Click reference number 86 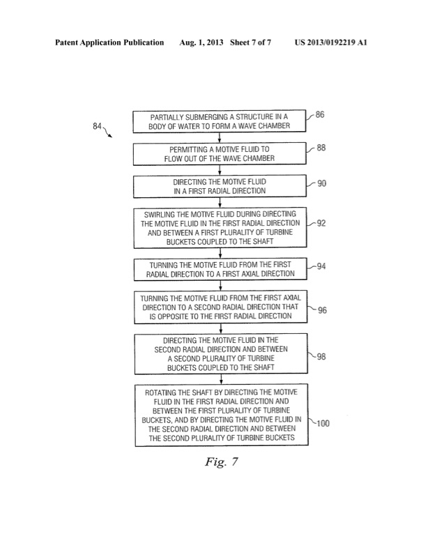tap(319, 116)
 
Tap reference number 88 tap(319, 148)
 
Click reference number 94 tap(320, 266)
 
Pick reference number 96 tap(321, 312)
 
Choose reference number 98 tap(320, 357)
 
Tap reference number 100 tap(322, 422)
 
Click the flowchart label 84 tap(99, 126)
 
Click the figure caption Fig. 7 tap(220, 462)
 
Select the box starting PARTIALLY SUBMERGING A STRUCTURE tap(220, 121)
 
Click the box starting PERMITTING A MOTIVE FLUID tap(220, 153)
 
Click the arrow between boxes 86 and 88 tap(220, 137)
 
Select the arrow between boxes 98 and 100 tap(220, 378)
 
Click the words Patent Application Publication tap(109, 43)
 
